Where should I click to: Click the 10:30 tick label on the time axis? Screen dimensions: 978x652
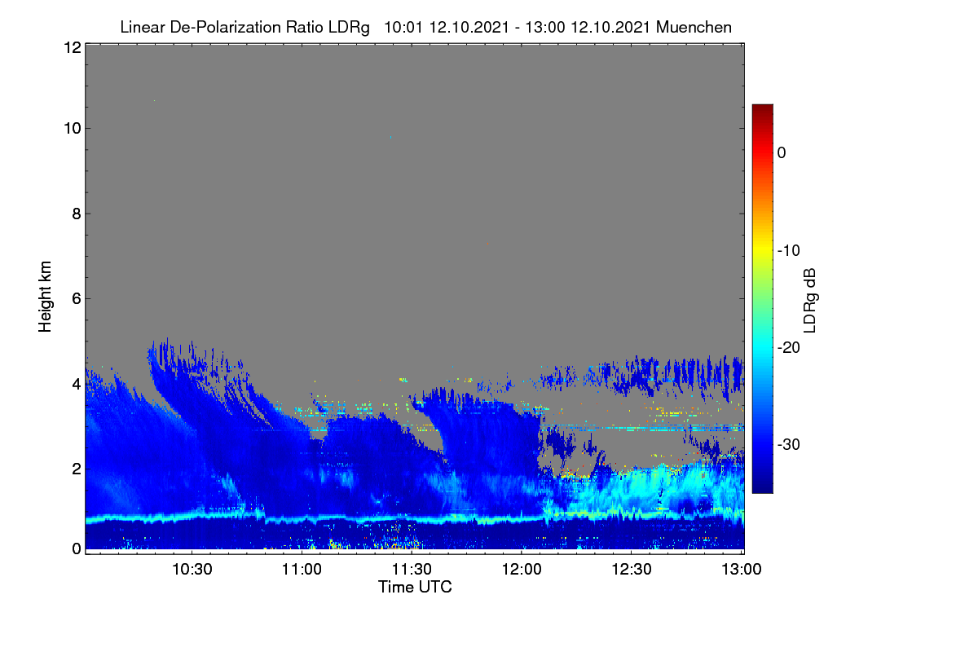(x=192, y=569)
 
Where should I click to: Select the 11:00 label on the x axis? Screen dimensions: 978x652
(x=302, y=569)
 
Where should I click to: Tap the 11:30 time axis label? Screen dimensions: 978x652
(x=412, y=569)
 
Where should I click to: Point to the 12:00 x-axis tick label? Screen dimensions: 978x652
(x=522, y=569)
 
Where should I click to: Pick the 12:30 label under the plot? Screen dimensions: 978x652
(x=632, y=569)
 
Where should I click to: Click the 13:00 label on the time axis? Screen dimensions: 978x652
(x=742, y=569)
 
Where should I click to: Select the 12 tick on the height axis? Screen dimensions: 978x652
(x=73, y=47)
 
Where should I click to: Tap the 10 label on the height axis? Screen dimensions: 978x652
(x=73, y=129)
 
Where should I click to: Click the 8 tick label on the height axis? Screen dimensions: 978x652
(x=77, y=214)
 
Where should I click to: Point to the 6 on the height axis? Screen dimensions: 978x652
(x=77, y=299)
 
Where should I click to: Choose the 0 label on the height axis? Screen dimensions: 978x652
(x=77, y=549)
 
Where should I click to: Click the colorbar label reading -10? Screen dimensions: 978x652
(x=789, y=251)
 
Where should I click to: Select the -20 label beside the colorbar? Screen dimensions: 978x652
(x=789, y=348)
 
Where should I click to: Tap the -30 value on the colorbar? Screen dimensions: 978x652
(x=789, y=444)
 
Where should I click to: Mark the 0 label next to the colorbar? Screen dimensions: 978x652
(x=782, y=153)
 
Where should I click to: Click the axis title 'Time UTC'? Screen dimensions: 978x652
(x=415, y=587)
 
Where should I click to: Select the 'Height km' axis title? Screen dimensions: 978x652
(x=45, y=297)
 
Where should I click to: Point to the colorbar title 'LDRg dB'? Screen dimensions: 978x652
(x=810, y=301)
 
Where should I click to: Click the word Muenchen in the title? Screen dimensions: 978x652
(x=694, y=27)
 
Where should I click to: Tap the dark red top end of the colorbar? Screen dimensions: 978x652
(x=762, y=108)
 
